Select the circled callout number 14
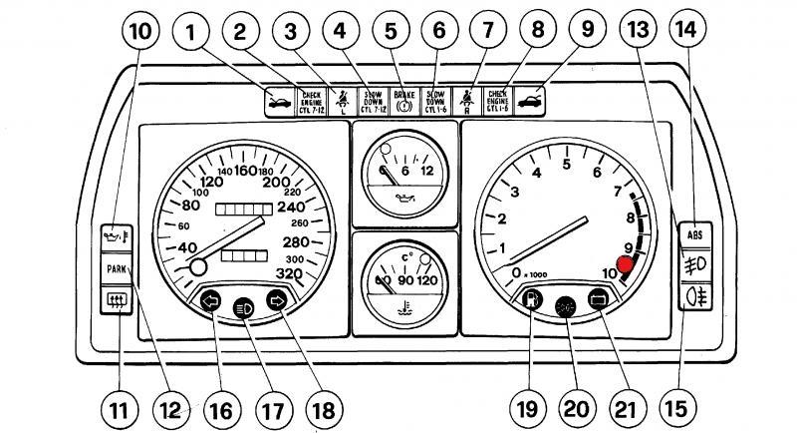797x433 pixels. click(685, 31)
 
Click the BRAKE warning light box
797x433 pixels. click(404, 100)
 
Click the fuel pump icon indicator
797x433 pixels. click(533, 298)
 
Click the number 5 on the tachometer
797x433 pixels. click(565, 164)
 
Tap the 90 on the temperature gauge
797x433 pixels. click(405, 280)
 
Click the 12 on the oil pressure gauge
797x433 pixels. click(426, 172)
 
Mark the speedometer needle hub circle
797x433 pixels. click(197, 266)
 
